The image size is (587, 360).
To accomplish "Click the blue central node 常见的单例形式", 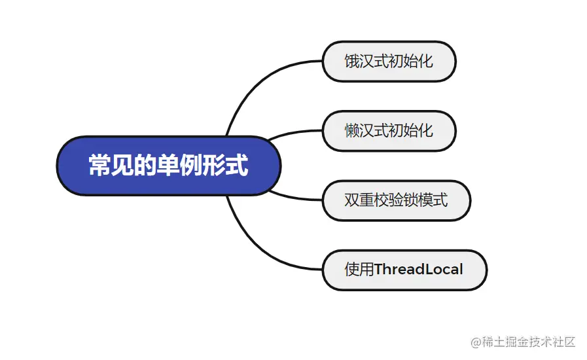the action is [x=169, y=166].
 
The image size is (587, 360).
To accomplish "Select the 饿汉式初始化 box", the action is [x=389, y=62].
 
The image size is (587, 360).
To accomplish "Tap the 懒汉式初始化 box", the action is [x=389, y=130].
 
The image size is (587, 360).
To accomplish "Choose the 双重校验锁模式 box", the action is [x=396, y=199].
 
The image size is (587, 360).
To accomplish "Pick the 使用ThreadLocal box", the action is [x=404, y=269].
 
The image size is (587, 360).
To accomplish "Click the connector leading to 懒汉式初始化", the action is [x=294, y=134].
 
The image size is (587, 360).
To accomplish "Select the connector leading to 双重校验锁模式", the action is [x=294, y=196].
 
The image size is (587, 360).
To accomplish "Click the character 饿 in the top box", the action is [x=352, y=62].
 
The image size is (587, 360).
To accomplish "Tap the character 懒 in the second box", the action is [x=352, y=130].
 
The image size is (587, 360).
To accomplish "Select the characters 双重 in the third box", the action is [x=360, y=199].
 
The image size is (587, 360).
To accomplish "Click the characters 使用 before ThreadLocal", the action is [x=359, y=269].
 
